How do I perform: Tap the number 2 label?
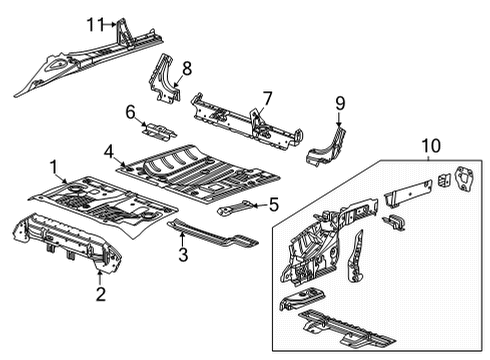[99, 293]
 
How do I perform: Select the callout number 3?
[181, 256]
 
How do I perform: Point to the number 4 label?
[108, 153]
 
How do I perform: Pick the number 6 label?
[130, 113]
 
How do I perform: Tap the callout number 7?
[267, 97]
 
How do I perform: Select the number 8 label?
[185, 68]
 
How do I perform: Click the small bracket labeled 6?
[160, 130]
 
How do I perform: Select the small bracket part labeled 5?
[237, 210]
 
